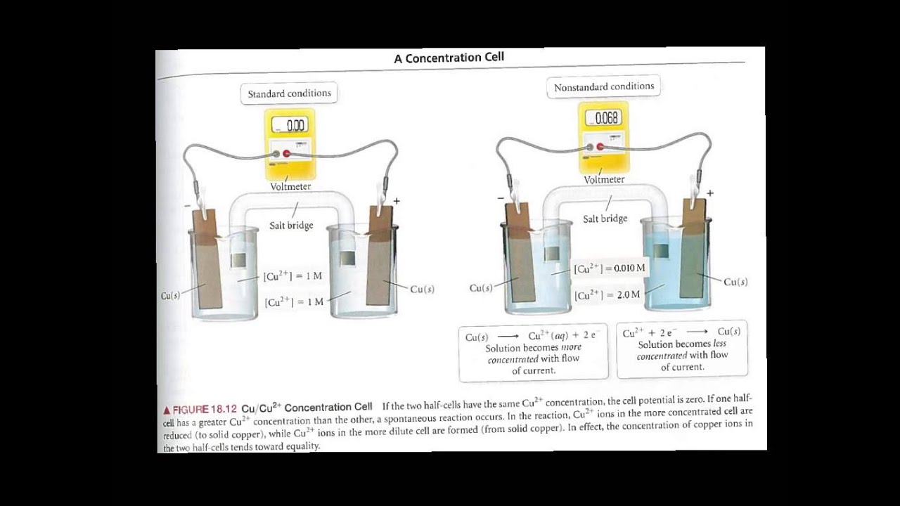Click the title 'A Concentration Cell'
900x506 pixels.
(x=449, y=58)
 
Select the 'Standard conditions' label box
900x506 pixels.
(x=289, y=93)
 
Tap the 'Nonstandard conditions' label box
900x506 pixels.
(x=603, y=87)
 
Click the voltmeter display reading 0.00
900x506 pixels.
(x=289, y=125)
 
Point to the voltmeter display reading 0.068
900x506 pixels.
(x=604, y=118)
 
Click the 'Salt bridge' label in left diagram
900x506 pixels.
(x=291, y=226)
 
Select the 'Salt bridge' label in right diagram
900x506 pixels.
(x=605, y=219)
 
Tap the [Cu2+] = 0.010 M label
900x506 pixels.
(x=609, y=268)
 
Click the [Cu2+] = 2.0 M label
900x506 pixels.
(x=607, y=294)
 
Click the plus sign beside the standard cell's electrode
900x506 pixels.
(x=397, y=201)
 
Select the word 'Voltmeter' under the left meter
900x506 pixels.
(x=290, y=187)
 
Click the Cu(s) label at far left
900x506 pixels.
(x=170, y=296)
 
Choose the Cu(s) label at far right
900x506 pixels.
(x=735, y=282)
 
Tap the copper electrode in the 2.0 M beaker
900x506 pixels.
(x=692, y=256)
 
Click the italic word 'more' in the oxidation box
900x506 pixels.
(x=571, y=348)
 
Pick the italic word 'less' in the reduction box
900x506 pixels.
(x=719, y=344)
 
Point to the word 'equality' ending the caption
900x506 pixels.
(x=302, y=446)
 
